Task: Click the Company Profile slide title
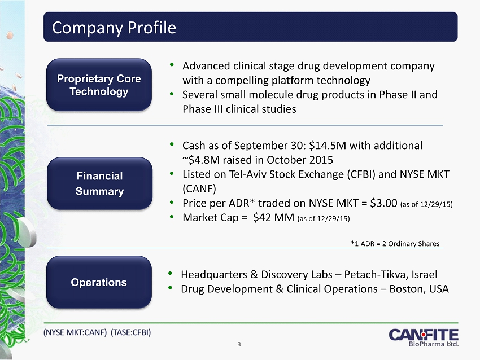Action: pyautogui.click(x=114, y=28)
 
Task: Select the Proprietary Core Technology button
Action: pyautogui.click(x=99, y=85)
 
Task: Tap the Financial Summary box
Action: pyautogui.click(x=99, y=183)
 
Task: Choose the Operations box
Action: pyautogui.click(x=99, y=282)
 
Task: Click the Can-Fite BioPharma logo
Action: pyautogui.click(x=424, y=337)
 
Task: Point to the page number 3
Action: pyautogui.click(x=239, y=344)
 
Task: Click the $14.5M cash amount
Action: pyautogui.click(x=328, y=146)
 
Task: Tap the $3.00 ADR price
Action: pyautogui.click(x=383, y=203)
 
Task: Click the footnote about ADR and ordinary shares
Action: pyautogui.click(x=395, y=243)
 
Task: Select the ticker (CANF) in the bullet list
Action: pyautogui.click(x=199, y=188)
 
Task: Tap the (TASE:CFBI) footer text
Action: pyautogui.click(x=130, y=332)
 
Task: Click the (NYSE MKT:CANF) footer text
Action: pyautogui.click(x=75, y=332)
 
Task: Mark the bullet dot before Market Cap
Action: pyautogui.click(x=172, y=217)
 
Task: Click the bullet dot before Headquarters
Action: pyautogui.click(x=170, y=273)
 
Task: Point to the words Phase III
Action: pyautogui.click(x=203, y=109)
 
